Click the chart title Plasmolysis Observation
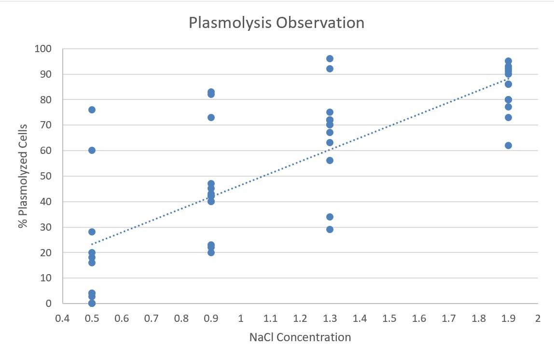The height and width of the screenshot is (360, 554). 276,23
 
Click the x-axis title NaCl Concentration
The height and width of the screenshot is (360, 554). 300,337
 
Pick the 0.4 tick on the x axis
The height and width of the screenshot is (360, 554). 62,318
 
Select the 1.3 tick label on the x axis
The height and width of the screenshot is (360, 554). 330,318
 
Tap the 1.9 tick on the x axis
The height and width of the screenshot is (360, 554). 508,318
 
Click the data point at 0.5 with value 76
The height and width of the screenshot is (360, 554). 92,110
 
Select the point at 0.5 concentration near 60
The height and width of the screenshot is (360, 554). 92,150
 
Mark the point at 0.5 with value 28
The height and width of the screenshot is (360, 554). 92,232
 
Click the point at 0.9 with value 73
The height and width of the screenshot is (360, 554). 211,117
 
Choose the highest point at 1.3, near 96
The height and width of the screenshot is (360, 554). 330,58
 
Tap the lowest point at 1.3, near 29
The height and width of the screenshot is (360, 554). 330,229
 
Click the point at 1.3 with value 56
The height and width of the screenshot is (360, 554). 330,160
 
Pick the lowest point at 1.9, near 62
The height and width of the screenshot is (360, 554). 508,145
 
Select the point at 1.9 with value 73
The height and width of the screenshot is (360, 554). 508,117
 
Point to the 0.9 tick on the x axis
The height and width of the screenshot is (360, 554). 211,318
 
